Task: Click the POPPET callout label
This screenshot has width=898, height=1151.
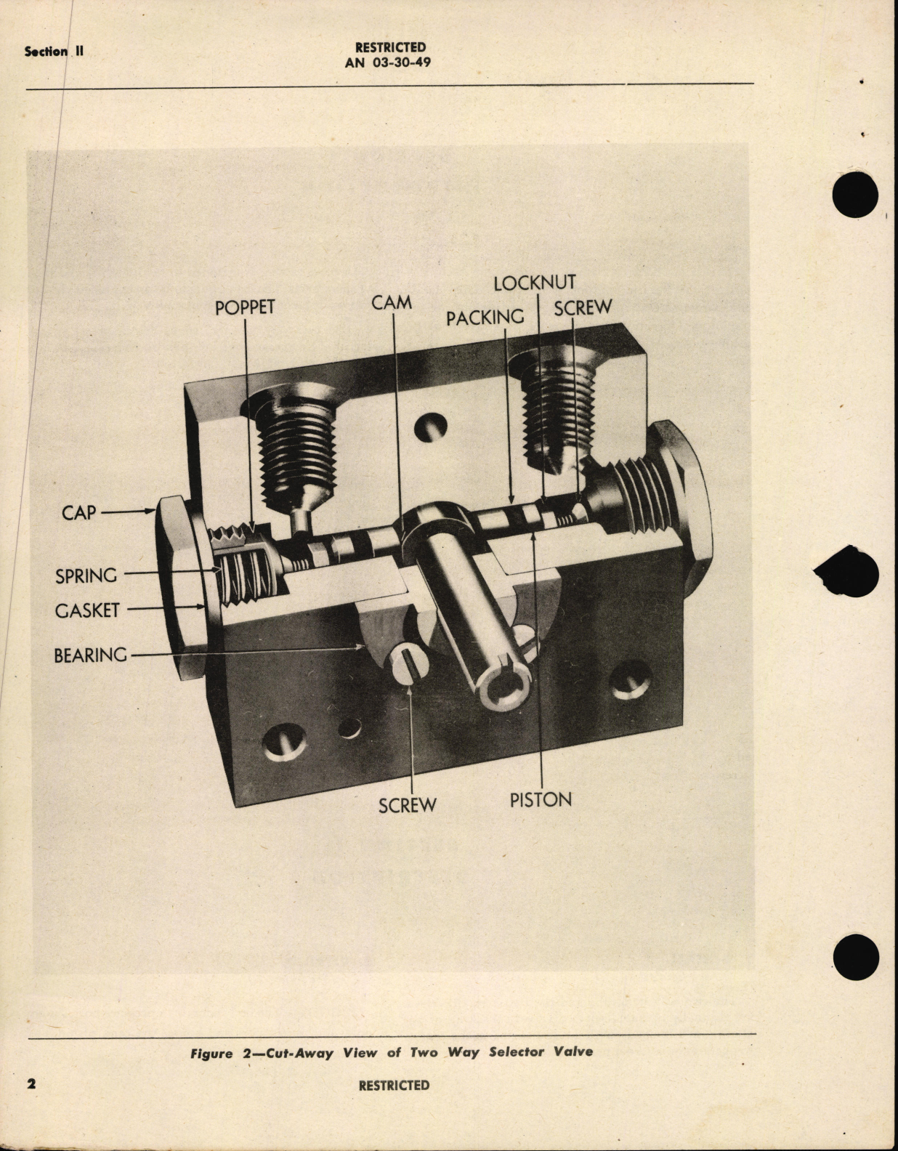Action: coord(245,307)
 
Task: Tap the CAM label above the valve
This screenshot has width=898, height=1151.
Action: coord(392,302)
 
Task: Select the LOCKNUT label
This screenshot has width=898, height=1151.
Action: coord(534,283)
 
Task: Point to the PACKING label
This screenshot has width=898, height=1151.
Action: coord(485,317)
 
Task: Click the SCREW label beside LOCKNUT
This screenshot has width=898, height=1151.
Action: coord(583,307)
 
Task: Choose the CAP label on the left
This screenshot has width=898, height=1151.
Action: coord(78,512)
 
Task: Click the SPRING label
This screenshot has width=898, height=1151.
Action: coord(86,575)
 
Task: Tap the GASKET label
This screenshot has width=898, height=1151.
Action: coord(86,610)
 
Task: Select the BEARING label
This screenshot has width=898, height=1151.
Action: coord(90,655)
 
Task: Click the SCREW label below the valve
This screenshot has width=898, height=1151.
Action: coord(407,804)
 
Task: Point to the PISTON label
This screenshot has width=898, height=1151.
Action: coord(541,799)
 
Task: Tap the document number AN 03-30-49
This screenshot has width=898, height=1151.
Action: coord(387,62)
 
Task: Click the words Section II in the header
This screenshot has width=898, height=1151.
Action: coord(54,52)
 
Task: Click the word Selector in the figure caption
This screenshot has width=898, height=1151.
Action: coord(515,1051)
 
